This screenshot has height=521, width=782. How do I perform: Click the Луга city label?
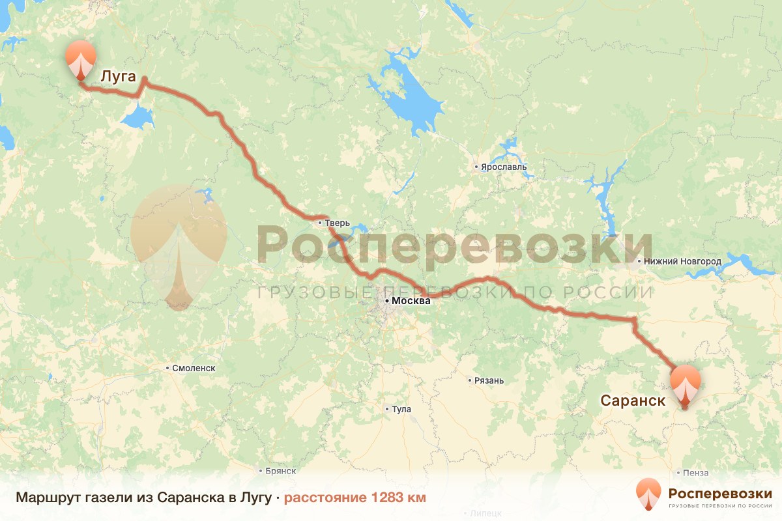tap(118, 77)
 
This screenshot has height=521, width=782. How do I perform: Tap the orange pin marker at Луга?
tap(81, 61)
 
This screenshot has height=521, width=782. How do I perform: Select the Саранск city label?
tap(633, 401)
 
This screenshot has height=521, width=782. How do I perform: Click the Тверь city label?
tap(338, 223)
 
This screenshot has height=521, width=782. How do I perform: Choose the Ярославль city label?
tap(504, 167)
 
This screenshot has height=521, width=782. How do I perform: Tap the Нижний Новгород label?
tap(682, 261)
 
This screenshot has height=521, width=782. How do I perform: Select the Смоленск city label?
tap(194, 368)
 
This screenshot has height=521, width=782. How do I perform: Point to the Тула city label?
tap(401, 409)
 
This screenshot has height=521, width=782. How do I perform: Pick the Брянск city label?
tap(281, 470)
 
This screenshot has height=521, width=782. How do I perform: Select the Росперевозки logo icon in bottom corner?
tap(648, 494)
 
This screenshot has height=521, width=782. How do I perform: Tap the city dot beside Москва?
tap(387, 301)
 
